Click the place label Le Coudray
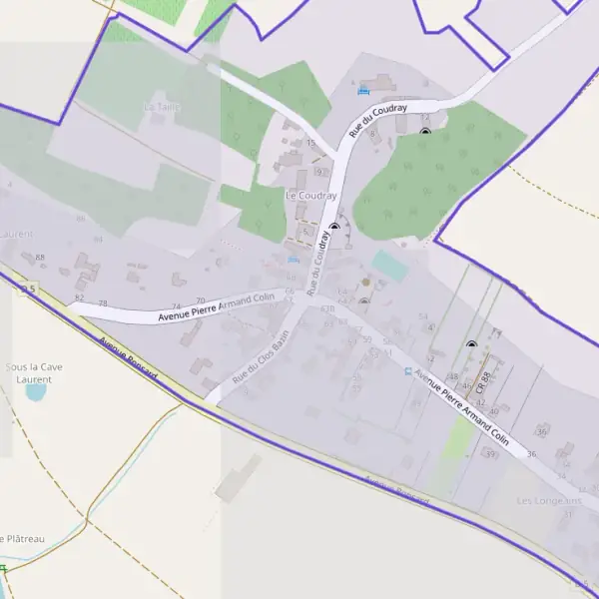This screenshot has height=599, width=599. [311, 196]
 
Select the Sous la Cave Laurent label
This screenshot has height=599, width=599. [35, 373]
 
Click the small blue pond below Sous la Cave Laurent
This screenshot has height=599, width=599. [36, 392]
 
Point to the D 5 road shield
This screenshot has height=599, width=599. [28, 290]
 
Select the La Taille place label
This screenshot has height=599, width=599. [160, 106]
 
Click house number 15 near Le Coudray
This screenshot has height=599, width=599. [310, 144]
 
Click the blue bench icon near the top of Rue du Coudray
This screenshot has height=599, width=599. [362, 91]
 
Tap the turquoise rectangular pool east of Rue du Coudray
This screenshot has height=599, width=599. [389, 265]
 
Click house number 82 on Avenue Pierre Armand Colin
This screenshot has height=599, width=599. [80, 298]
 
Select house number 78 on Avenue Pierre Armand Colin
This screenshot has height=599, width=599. [103, 302]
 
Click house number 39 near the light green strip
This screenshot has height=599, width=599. [489, 454]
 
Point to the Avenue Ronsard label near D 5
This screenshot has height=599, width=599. [129, 357]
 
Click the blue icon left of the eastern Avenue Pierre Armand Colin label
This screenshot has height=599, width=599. [407, 371]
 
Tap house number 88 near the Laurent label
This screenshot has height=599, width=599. [40, 258]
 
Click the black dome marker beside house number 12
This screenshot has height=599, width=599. [425, 132]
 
